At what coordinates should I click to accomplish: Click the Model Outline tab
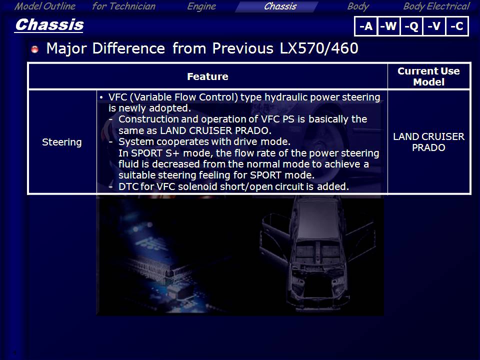[45, 6]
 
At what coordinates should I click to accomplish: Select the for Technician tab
[123, 6]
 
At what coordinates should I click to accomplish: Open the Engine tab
[201, 6]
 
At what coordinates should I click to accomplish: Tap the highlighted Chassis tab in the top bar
[280, 6]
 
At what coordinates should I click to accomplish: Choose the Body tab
[358, 6]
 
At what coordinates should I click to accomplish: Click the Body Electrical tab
[436, 6]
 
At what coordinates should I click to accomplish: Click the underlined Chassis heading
[49, 25]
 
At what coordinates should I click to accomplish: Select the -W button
[389, 26]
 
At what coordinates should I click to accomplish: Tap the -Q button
[411, 26]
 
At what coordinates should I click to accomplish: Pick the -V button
[434, 26]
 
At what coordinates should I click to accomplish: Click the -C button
[457, 26]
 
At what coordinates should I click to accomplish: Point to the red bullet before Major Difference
[35, 49]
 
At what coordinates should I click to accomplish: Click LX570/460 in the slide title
[318, 48]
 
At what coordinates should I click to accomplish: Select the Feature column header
[207, 76]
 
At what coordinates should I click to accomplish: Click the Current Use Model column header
[428, 76]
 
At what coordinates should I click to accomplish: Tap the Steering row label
[62, 142]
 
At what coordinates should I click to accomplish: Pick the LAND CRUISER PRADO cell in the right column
[428, 142]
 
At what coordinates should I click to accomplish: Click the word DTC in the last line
[128, 186]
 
